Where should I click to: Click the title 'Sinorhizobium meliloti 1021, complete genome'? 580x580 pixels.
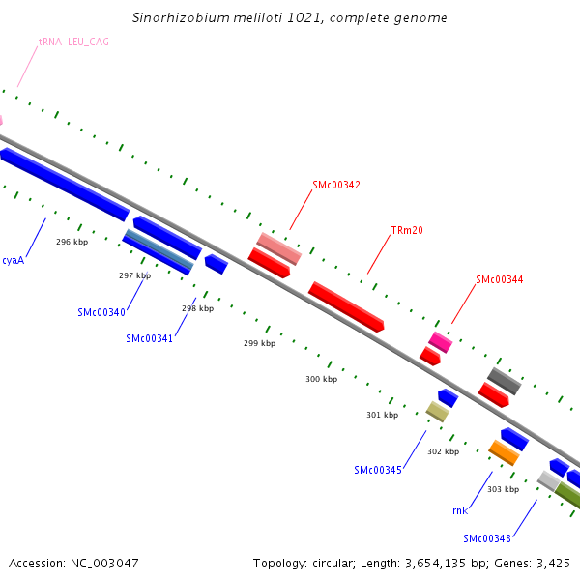290,18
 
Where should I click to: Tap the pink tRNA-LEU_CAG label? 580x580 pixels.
73,43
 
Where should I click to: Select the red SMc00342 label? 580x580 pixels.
336,185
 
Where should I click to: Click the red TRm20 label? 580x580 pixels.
407,231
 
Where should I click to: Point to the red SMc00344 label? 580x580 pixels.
500,280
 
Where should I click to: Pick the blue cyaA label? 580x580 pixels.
14,260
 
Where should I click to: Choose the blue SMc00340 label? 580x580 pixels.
101,312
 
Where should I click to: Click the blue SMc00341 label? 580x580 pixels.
150,338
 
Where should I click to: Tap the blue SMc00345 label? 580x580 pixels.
378,470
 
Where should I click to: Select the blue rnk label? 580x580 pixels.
460,510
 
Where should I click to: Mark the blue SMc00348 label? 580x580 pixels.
487,538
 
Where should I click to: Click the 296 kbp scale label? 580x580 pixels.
72,242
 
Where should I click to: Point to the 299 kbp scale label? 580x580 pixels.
259,343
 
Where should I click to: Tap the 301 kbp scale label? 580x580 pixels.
382,415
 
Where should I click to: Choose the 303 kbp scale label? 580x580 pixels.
503,489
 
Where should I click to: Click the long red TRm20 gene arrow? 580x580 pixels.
346,306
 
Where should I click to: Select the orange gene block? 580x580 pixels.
504,452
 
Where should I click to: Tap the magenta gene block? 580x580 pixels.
441,341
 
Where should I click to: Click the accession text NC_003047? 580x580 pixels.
73,563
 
